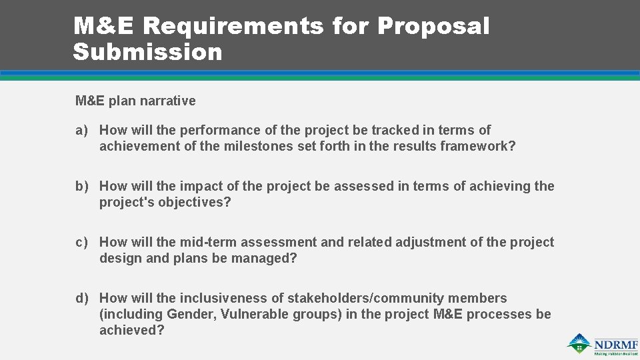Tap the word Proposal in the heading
[x=433, y=27]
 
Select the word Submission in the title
[x=147, y=52]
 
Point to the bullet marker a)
[x=81, y=131]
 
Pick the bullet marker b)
[x=81, y=187]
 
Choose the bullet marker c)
[x=81, y=243]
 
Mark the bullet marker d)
[x=81, y=299]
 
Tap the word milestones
[x=255, y=147]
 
